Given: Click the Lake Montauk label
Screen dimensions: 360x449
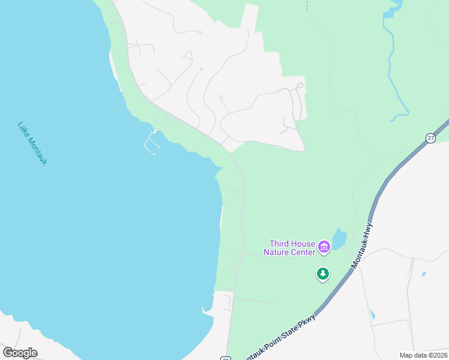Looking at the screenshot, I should point(32,143).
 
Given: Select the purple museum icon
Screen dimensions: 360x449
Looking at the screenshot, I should point(324,247).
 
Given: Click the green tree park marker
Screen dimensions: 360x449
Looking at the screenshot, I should point(323,274).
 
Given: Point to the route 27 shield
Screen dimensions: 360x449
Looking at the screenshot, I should point(431,138).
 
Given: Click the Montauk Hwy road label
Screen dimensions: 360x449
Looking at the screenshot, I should point(366,245).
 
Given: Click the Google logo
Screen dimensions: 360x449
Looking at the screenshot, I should point(20,353).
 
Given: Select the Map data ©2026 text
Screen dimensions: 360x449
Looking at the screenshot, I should point(423,355).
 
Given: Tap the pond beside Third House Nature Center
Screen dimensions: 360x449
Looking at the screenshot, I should point(339,239).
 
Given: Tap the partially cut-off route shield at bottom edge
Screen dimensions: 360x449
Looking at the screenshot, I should point(225,358).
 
